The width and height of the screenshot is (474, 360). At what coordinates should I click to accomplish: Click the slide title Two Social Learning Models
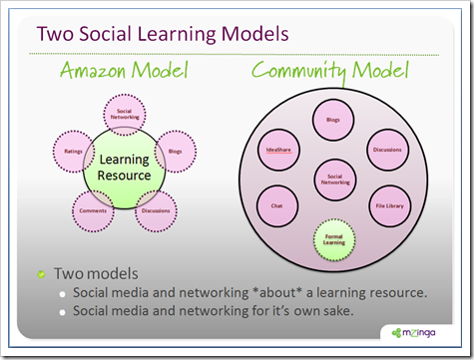point(163,34)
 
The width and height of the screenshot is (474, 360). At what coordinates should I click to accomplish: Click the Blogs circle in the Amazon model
point(176,153)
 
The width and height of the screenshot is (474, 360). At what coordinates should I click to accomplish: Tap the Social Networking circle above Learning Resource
point(125,116)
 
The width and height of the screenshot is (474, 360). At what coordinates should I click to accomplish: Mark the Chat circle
point(277,206)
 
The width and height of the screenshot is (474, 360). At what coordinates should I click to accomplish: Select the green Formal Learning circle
point(334,238)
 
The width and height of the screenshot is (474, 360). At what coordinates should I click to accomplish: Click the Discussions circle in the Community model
point(388,151)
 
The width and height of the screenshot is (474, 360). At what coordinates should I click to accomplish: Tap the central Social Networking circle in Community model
point(334,179)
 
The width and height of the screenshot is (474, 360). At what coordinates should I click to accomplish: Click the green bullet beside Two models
point(41,271)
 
